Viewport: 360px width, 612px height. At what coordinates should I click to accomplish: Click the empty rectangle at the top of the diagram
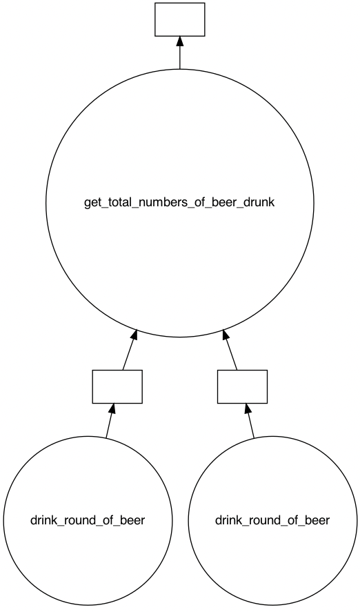pos(179,19)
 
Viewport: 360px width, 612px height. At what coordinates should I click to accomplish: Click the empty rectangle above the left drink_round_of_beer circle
pos(117,386)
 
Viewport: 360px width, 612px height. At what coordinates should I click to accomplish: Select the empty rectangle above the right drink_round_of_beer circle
pos(242,386)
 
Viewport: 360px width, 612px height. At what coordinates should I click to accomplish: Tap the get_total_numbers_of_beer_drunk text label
pos(179,204)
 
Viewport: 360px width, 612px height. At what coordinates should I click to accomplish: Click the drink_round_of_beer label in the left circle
pos(88,520)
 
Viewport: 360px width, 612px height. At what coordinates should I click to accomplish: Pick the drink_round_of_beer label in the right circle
pos(272,520)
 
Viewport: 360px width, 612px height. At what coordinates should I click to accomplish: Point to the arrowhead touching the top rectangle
pos(179,41)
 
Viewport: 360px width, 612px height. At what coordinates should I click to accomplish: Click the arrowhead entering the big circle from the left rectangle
pos(134,336)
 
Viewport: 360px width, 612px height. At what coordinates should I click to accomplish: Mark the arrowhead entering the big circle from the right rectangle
pos(226,336)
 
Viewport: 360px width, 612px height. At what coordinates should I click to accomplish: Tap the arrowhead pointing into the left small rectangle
pos(112,409)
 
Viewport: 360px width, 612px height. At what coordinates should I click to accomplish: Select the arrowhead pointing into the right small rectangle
pos(248,409)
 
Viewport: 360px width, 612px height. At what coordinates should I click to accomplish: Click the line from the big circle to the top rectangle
pos(179,59)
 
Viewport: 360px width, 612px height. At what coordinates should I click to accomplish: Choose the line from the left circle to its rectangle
pos(108,426)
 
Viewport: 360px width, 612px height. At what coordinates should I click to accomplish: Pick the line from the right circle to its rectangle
pos(252,426)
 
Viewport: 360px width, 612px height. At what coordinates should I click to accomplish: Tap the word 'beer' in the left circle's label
pos(132,520)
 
